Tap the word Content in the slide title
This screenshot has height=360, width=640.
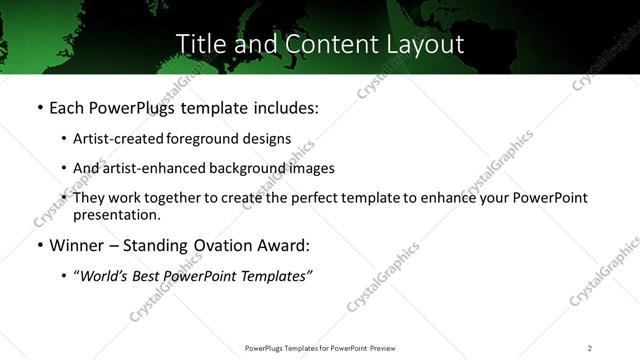tap(319, 45)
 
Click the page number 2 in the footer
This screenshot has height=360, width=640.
tap(590, 348)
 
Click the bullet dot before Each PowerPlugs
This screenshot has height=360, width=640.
tap(39, 108)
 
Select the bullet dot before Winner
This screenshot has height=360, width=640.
tap(39, 245)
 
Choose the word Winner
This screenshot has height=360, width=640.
tap(78, 245)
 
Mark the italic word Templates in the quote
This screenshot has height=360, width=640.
tap(274, 276)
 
